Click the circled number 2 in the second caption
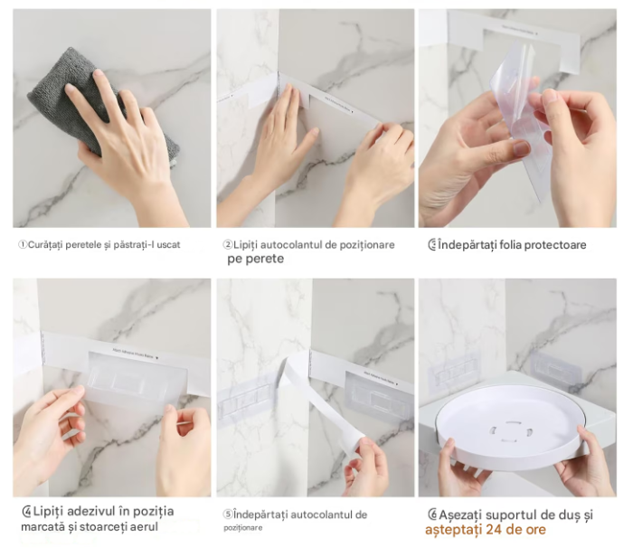point(228,245)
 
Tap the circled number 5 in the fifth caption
point(227,515)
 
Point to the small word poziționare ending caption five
point(244,527)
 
